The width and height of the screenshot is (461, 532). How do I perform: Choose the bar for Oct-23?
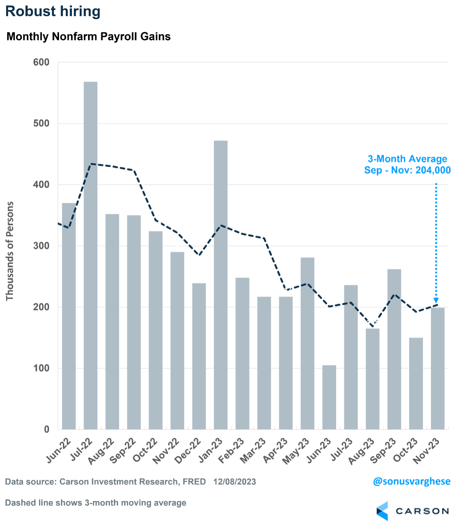pos(416,383)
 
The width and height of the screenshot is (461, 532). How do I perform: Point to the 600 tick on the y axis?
pos(41,62)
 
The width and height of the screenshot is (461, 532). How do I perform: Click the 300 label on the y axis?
pos(41,246)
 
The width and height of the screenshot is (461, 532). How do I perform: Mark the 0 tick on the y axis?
pos(47,429)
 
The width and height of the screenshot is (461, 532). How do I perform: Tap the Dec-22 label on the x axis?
pos(188,450)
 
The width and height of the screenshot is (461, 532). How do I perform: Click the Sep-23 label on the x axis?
pos(383,450)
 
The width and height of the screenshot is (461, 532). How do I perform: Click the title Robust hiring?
pos(53,11)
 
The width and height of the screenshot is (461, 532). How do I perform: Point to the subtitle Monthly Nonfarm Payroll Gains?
pos(88,36)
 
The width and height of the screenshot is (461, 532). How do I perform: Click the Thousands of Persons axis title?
pos(10,251)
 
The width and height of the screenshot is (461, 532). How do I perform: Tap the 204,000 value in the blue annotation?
pos(433,170)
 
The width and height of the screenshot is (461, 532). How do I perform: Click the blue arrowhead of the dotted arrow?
pos(436,301)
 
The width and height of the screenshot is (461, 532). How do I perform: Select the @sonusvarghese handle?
pos(411,481)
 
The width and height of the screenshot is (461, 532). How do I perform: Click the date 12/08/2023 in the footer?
pos(234,482)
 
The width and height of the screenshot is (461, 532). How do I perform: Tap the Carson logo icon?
pos(383,511)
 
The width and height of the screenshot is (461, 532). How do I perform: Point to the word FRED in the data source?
pos(194,482)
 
